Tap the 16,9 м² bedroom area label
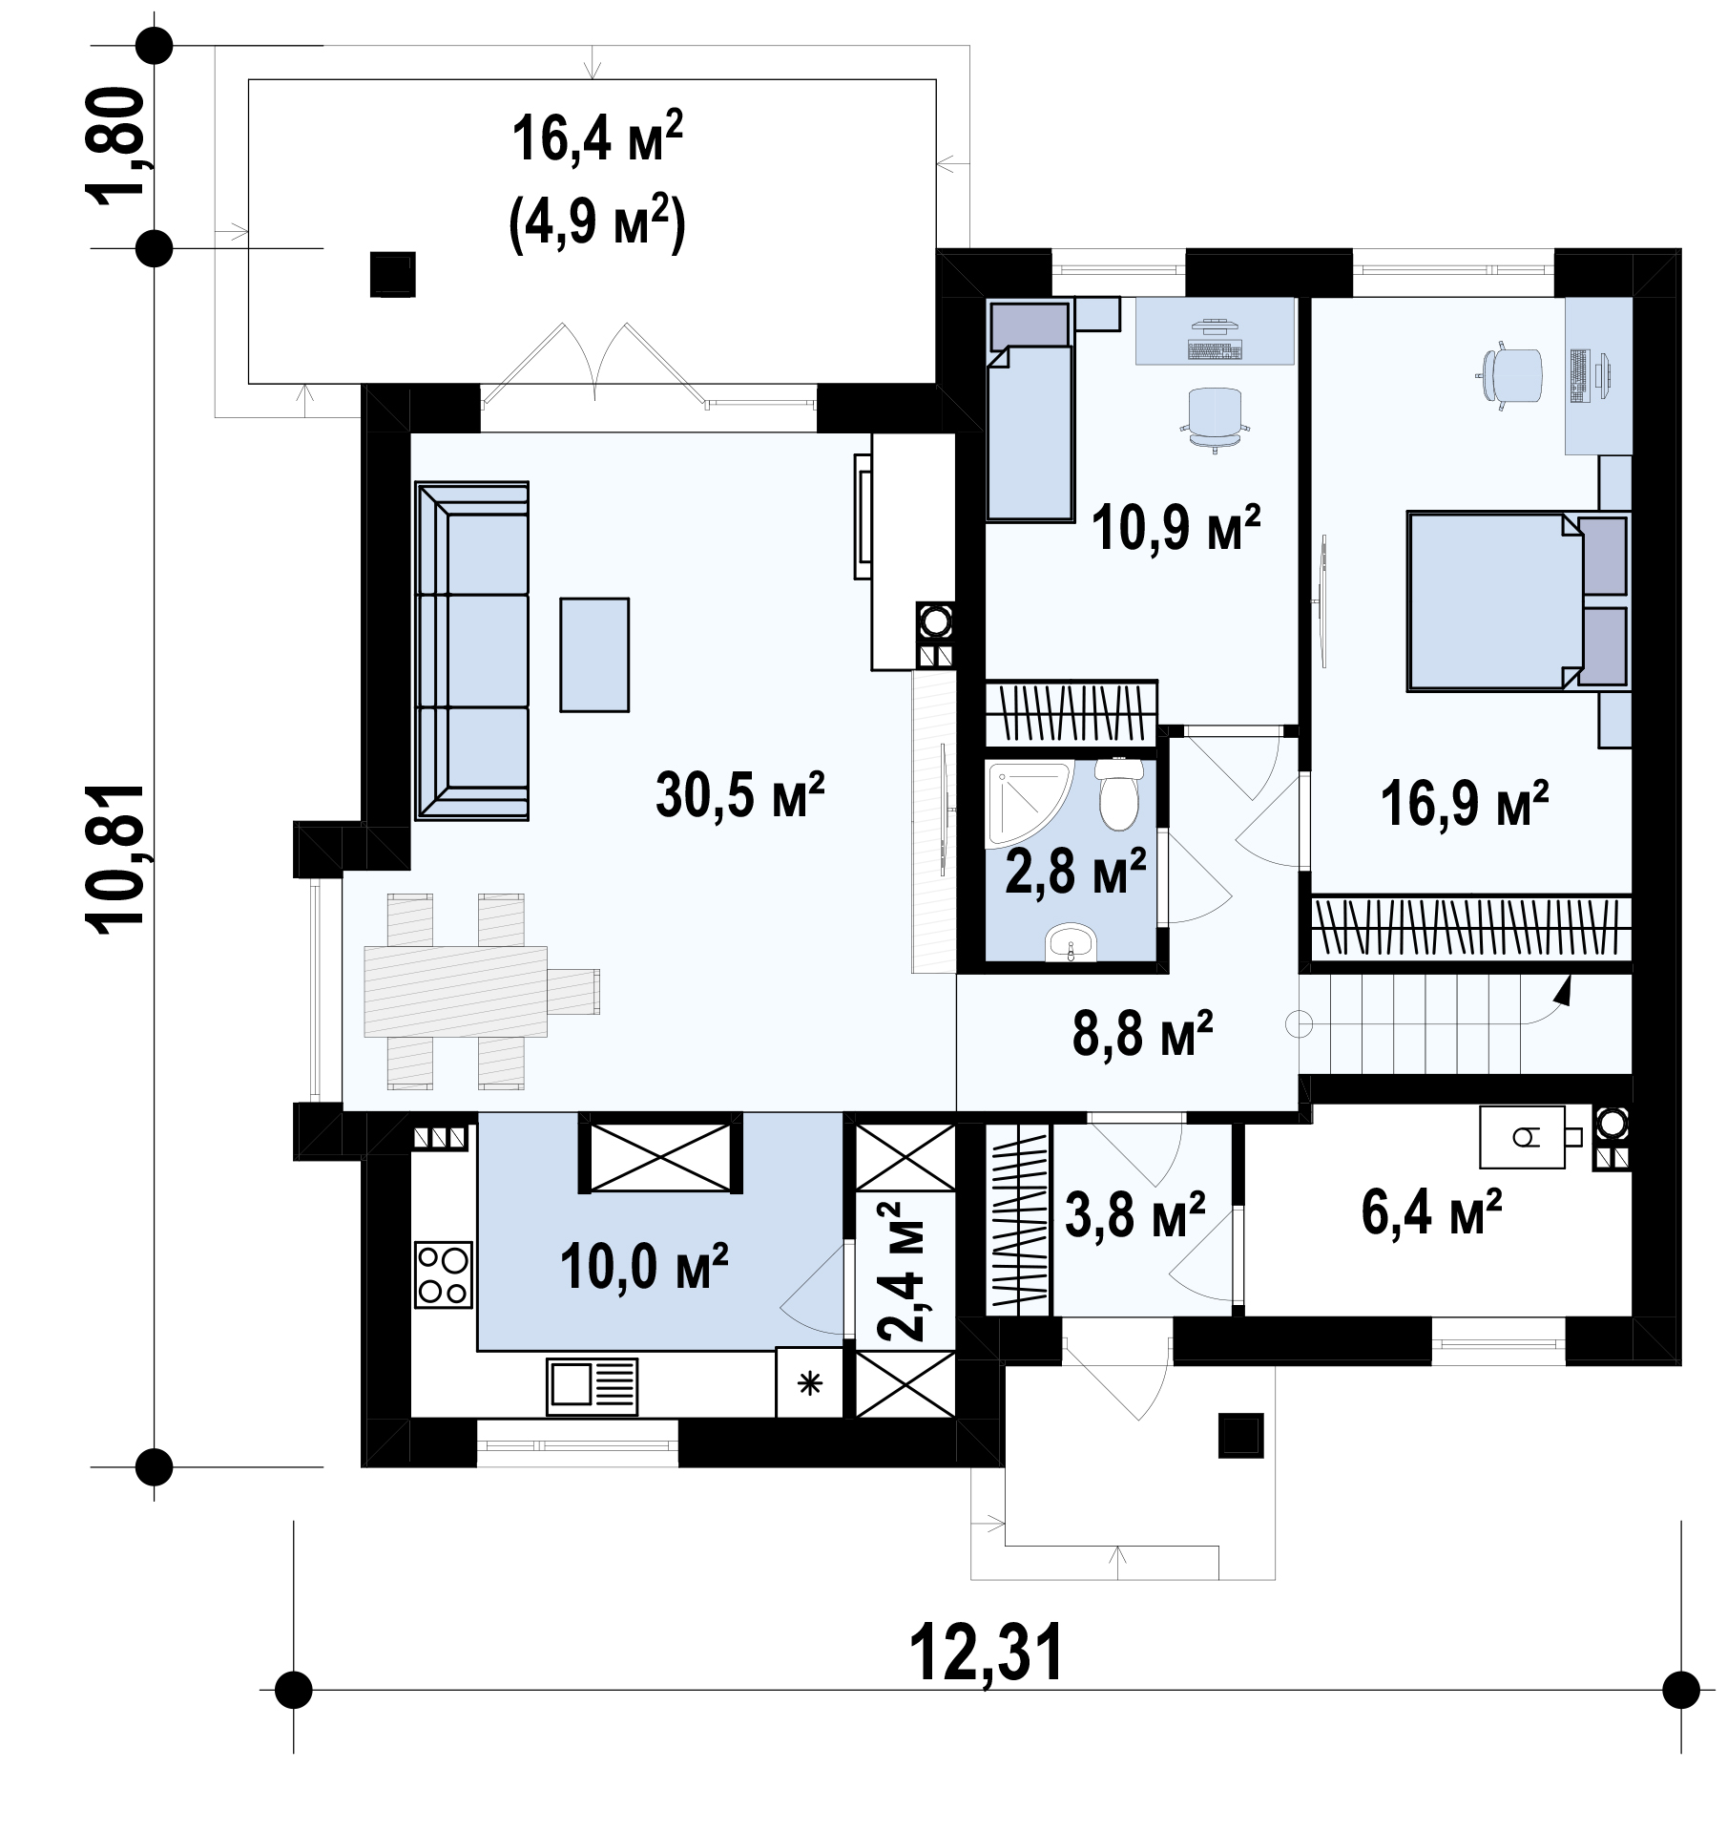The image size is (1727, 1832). pos(1465,803)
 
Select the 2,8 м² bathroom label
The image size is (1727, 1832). pos(1075,871)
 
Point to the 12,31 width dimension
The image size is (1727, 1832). pos(986,1654)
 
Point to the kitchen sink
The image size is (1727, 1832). pos(592,1387)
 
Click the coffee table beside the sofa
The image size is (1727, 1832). pos(594,655)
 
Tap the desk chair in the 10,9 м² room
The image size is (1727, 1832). pos(1217,418)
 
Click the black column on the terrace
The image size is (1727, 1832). pos(393,275)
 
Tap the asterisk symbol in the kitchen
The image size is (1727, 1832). pos(809,1382)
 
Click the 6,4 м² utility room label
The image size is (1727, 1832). pos(1431,1212)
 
